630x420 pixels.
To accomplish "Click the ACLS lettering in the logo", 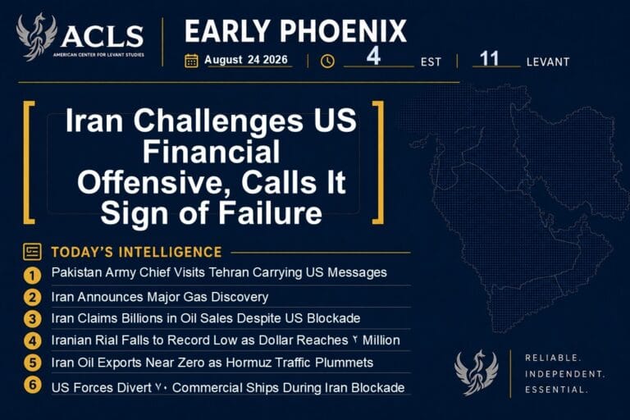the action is (102, 36).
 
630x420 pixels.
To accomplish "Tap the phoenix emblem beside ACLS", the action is (36, 37).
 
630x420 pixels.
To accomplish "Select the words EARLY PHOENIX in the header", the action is (295, 31).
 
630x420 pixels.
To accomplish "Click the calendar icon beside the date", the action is (191, 61).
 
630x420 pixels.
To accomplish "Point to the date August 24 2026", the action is (246, 60).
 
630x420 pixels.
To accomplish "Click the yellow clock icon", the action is (327, 61).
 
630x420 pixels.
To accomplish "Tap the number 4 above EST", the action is (373, 56).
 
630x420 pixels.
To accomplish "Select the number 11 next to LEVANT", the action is (490, 58).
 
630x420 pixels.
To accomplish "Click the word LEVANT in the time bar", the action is (548, 62).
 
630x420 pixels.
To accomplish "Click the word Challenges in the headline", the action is (218, 121).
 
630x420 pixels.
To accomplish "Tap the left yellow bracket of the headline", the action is (29, 162).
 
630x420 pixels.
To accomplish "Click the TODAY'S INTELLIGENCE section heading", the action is (137, 252).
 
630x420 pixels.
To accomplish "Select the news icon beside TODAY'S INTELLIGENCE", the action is (32, 252).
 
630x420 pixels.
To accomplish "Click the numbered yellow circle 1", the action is (32, 276).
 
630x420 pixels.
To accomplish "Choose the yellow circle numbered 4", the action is (32, 341).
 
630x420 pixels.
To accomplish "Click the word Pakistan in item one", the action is (77, 272).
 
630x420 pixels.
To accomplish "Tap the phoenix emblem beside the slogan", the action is (477, 372).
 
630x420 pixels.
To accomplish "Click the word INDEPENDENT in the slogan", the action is (565, 374).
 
